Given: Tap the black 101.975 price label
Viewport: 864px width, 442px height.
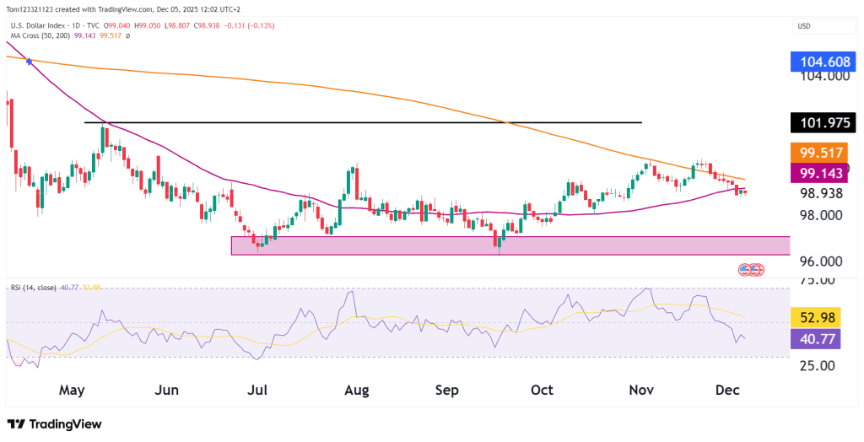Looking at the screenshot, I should pyautogui.click(x=823, y=123).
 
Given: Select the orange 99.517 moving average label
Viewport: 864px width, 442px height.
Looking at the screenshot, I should pyautogui.click(x=823, y=153).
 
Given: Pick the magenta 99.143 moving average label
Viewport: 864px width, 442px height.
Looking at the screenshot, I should pyautogui.click(x=823, y=173).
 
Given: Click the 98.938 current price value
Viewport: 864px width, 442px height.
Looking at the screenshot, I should pyautogui.click(x=823, y=193).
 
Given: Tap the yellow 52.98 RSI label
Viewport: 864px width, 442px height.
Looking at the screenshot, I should pyautogui.click(x=823, y=317).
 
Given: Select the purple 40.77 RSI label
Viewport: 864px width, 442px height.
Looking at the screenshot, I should pyautogui.click(x=823, y=339).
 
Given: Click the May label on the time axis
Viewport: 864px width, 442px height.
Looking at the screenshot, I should pyautogui.click(x=73, y=391).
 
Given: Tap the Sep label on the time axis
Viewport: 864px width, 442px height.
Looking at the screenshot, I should pyautogui.click(x=446, y=391).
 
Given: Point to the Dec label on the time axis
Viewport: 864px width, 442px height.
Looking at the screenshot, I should pyautogui.click(x=726, y=391).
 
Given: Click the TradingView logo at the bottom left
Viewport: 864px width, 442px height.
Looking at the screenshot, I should pyautogui.click(x=54, y=423).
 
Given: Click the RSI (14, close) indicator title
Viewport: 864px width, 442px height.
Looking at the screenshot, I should pyautogui.click(x=33, y=288).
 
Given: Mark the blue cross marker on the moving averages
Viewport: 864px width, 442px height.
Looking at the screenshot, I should pyautogui.click(x=30, y=62).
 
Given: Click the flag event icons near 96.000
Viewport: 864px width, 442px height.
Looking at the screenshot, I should pyautogui.click(x=751, y=269).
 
